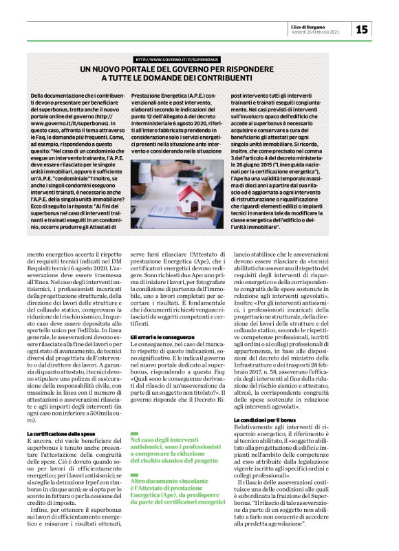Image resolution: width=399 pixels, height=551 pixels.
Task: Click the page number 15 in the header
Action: coord(363,28)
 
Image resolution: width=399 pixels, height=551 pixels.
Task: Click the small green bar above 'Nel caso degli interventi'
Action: coord(136,413)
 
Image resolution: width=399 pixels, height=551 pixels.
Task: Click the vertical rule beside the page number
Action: coord(352,28)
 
